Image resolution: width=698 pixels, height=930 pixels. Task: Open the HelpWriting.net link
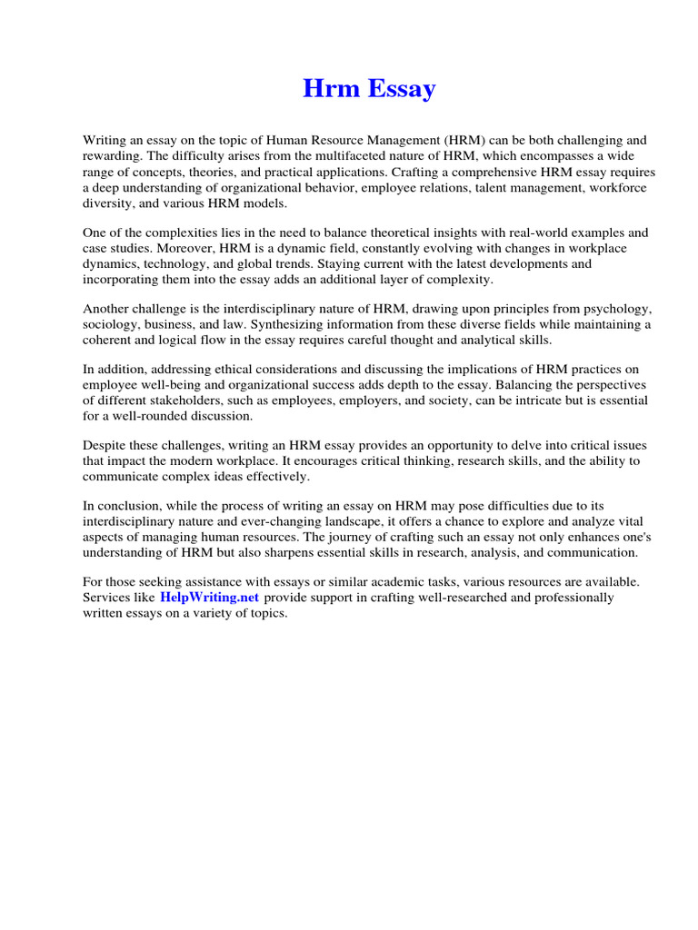click(x=209, y=598)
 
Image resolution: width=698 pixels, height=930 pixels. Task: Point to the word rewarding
click(x=115, y=156)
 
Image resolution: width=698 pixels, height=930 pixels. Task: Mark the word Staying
click(x=364, y=263)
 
